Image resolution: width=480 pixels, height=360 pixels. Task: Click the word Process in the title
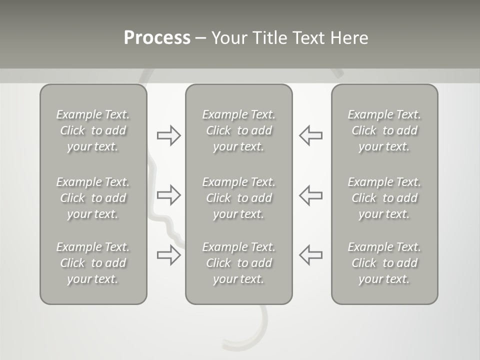coord(157,38)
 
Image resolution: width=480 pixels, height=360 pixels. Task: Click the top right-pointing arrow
coord(169,135)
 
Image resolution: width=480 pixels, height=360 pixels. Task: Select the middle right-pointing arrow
coord(169,195)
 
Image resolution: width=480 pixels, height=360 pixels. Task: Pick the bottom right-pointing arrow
coord(169,255)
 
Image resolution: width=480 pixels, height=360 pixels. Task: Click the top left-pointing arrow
coord(311,135)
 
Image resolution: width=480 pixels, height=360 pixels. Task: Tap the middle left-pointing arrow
coord(311,195)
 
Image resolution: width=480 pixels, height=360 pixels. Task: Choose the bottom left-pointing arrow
coord(311,255)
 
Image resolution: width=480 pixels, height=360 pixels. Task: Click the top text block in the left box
coord(93,130)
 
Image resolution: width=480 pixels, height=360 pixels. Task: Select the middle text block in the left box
coord(93,198)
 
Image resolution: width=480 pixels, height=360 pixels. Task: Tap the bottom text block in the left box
coord(93,263)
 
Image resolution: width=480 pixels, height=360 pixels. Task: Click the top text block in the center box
coord(239,130)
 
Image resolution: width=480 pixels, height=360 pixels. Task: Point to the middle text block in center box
coord(239,198)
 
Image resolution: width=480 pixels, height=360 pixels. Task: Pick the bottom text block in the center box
coord(239,263)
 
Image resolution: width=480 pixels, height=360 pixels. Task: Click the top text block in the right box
coord(384,130)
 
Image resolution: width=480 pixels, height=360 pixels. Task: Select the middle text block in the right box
coord(384,198)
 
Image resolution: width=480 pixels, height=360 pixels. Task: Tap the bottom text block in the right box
coord(384,263)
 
